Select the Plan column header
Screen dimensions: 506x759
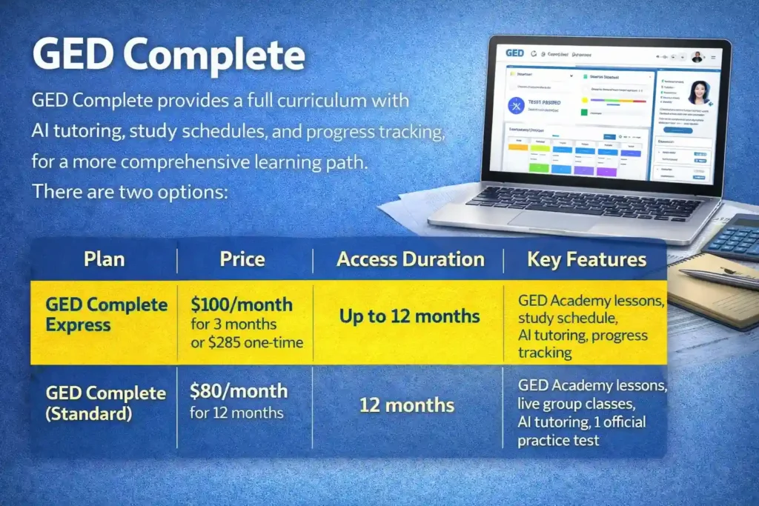[x=104, y=259]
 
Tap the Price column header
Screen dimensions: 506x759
[x=242, y=259]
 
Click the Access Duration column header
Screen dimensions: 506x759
[x=410, y=259]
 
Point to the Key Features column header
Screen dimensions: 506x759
[x=586, y=259]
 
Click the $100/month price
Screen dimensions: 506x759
[x=241, y=304]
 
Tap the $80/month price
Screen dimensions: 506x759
[x=238, y=391]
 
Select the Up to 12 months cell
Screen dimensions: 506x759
[x=409, y=316]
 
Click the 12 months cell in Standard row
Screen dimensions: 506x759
[x=407, y=405]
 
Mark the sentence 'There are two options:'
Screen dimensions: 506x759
[x=133, y=191]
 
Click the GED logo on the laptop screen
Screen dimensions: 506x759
[x=514, y=53]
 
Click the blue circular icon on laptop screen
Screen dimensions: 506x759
[x=516, y=105]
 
